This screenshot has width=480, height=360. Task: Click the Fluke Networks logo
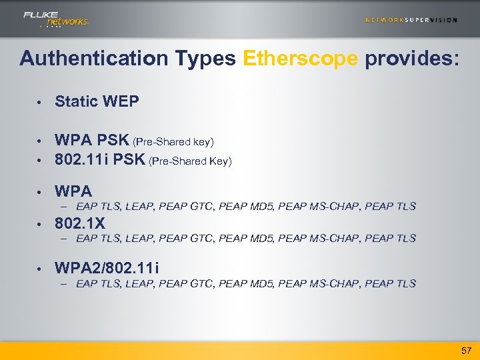click(56, 19)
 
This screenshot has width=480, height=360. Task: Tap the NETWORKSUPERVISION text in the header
click(411, 20)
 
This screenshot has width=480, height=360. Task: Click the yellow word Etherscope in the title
click(301, 59)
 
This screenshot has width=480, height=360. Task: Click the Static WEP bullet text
click(97, 101)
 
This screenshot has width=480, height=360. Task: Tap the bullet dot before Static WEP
click(40, 103)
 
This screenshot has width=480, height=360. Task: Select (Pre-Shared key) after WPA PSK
click(173, 142)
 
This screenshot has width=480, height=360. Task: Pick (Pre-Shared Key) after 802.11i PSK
click(191, 161)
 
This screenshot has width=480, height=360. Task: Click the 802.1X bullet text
click(80, 222)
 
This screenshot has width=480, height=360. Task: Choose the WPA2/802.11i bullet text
click(107, 267)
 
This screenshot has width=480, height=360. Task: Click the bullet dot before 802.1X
click(40, 223)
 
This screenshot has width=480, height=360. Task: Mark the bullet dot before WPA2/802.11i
click(40, 269)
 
